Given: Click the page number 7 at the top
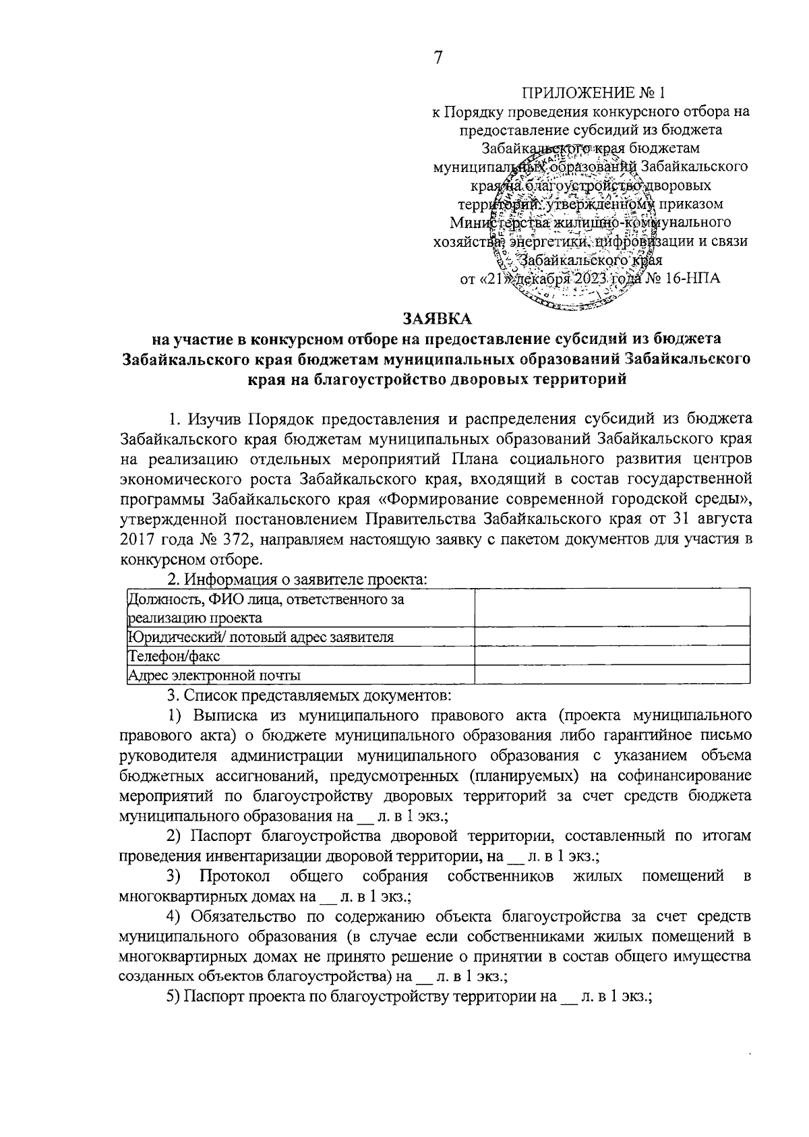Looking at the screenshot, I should coord(438,58).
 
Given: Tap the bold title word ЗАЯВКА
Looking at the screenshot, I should coord(438,318).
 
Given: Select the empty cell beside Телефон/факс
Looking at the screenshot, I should coord(612,655).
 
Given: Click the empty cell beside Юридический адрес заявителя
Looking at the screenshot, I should coord(612,637).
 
